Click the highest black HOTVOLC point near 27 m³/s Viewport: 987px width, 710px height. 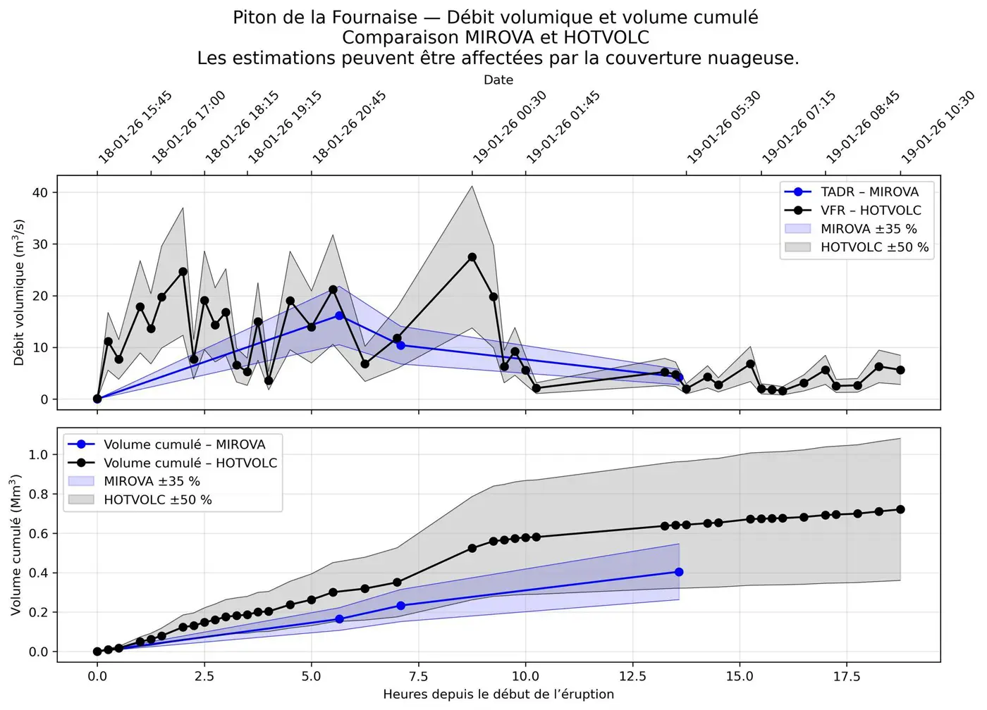point(472,257)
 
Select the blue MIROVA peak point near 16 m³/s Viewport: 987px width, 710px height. point(339,316)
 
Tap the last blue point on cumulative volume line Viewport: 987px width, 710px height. point(679,572)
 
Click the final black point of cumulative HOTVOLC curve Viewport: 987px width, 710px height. point(900,509)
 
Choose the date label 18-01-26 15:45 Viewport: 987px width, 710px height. point(135,127)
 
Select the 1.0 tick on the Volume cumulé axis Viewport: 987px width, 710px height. point(38,454)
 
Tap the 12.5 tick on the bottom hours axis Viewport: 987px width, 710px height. point(632,677)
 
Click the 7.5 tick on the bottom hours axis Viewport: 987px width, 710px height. point(418,677)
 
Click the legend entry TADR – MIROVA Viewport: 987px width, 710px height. point(869,192)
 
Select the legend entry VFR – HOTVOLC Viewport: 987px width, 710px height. point(871,210)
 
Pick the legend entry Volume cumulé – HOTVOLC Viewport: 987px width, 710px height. point(190,463)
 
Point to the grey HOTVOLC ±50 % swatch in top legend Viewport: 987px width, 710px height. point(797,247)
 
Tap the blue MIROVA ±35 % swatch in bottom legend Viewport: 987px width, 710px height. point(81,481)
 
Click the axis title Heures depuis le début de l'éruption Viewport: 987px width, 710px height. point(498,695)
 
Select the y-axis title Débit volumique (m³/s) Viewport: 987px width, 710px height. point(19,292)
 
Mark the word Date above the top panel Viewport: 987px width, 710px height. point(498,80)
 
